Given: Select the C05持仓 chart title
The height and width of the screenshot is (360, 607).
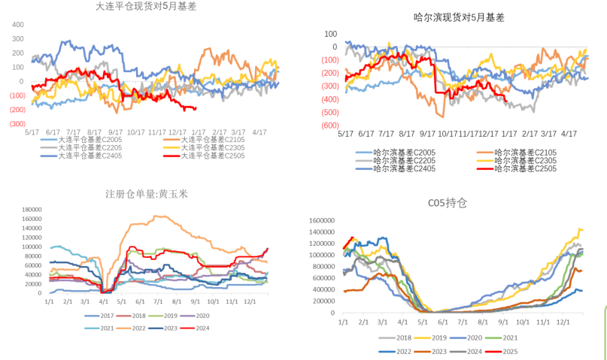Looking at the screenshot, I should (448, 203).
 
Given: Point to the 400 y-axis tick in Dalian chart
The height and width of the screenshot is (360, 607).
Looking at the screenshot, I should (17, 25).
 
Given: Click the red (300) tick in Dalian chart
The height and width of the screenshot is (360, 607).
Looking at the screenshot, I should (17, 124).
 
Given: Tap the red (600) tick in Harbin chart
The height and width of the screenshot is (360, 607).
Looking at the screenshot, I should (329, 126).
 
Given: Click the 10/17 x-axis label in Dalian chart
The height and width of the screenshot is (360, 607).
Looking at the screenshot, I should (136, 132).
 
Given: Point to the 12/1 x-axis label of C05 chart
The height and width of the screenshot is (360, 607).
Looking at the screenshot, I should (561, 321).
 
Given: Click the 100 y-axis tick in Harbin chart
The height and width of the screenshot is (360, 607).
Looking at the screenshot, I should (330, 34).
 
